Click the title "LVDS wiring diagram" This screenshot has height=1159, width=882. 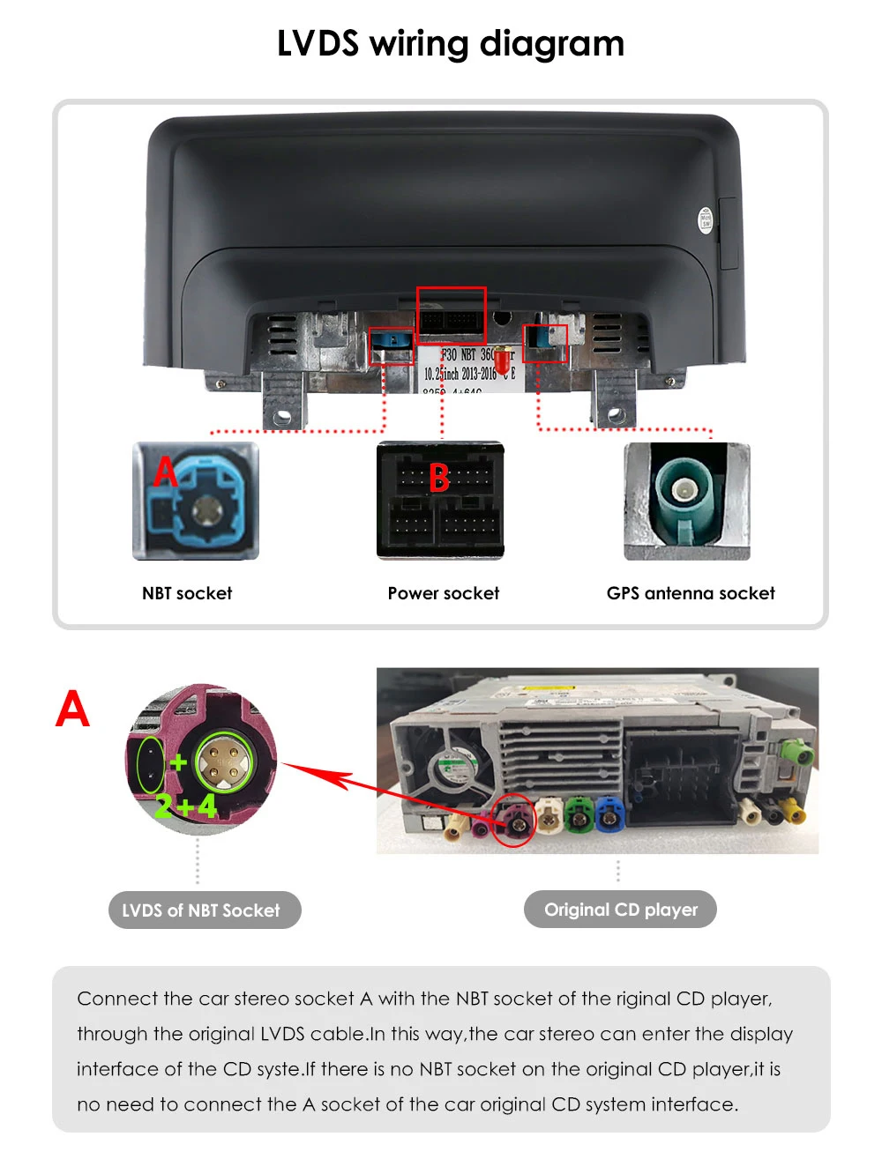pyautogui.click(x=450, y=43)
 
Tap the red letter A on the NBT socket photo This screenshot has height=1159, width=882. pyautogui.click(x=164, y=472)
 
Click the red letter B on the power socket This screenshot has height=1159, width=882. pyautogui.click(x=438, y=479)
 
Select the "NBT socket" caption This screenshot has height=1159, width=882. pyautogui.click(x=187, y=593)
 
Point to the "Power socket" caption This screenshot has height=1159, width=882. pyautogui.click(x=443, y=593)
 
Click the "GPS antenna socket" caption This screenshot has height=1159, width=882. pyautogui.click(x=691, y=593)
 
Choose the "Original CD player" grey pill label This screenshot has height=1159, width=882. pyautogui.click(x=620, y=910)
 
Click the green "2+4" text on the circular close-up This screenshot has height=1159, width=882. pyautogui.click(x=185, y=805)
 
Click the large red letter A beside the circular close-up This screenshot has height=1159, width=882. pyautogui.click(x=72, y=710)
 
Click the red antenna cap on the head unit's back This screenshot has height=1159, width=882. pyautogui.click(x=501, y=360)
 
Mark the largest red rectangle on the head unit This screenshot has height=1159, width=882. pyautogui.click(x=451, y=315)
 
